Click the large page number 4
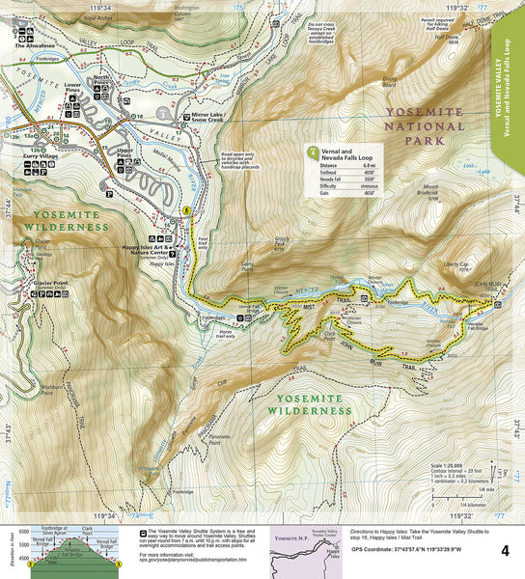[505, 550]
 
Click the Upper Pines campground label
[123, 154]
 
